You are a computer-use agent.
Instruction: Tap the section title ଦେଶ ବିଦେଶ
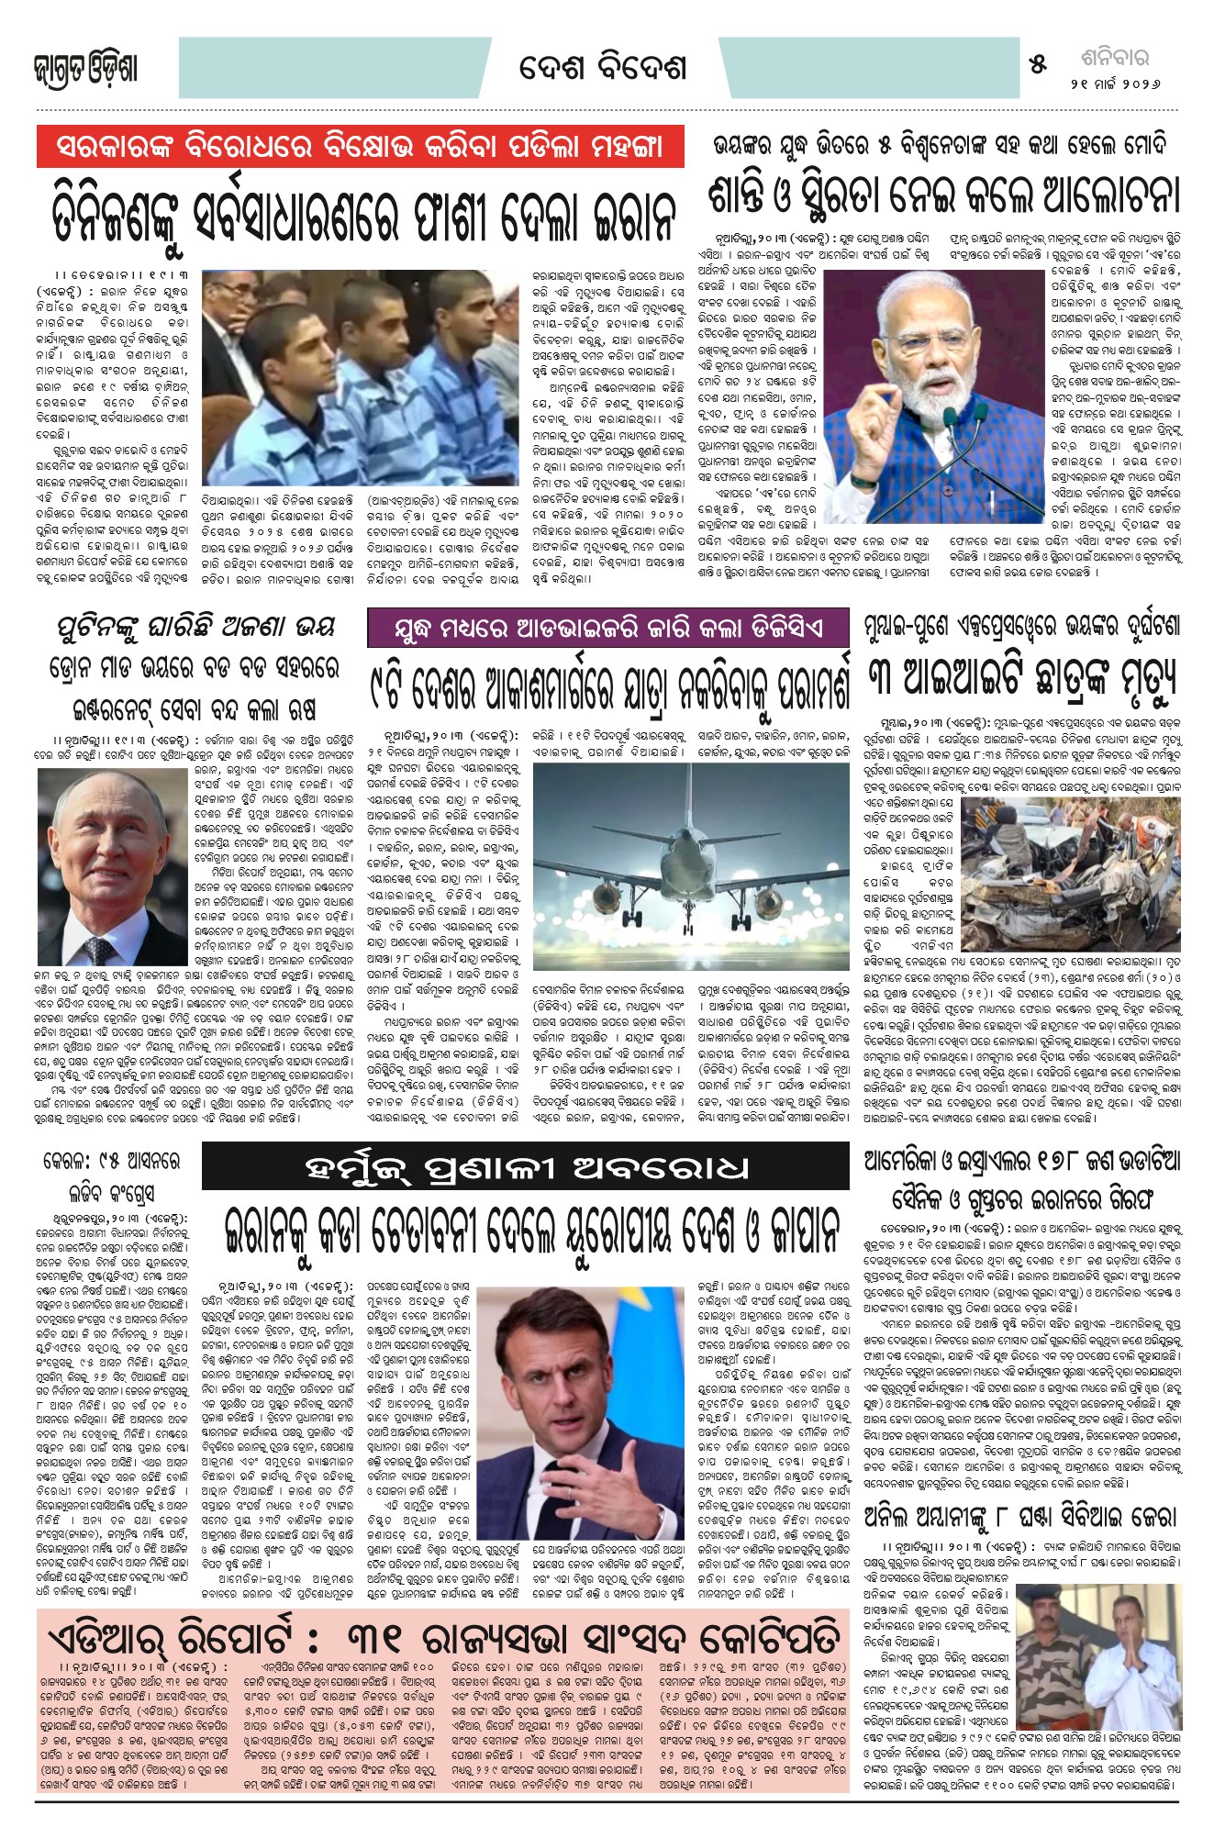pos(602,68)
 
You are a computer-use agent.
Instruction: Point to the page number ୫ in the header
pos(1038,64)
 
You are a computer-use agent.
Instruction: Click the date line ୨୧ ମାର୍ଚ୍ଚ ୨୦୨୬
pos(1114,83)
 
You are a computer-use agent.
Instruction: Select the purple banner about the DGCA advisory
pos(607,629)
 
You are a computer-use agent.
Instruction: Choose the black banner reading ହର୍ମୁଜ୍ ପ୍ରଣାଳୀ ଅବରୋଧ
pos(526,1168)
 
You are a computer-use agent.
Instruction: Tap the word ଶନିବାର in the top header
pos(1114,58)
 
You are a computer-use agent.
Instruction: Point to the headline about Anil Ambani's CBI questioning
pos(1021,1515)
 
